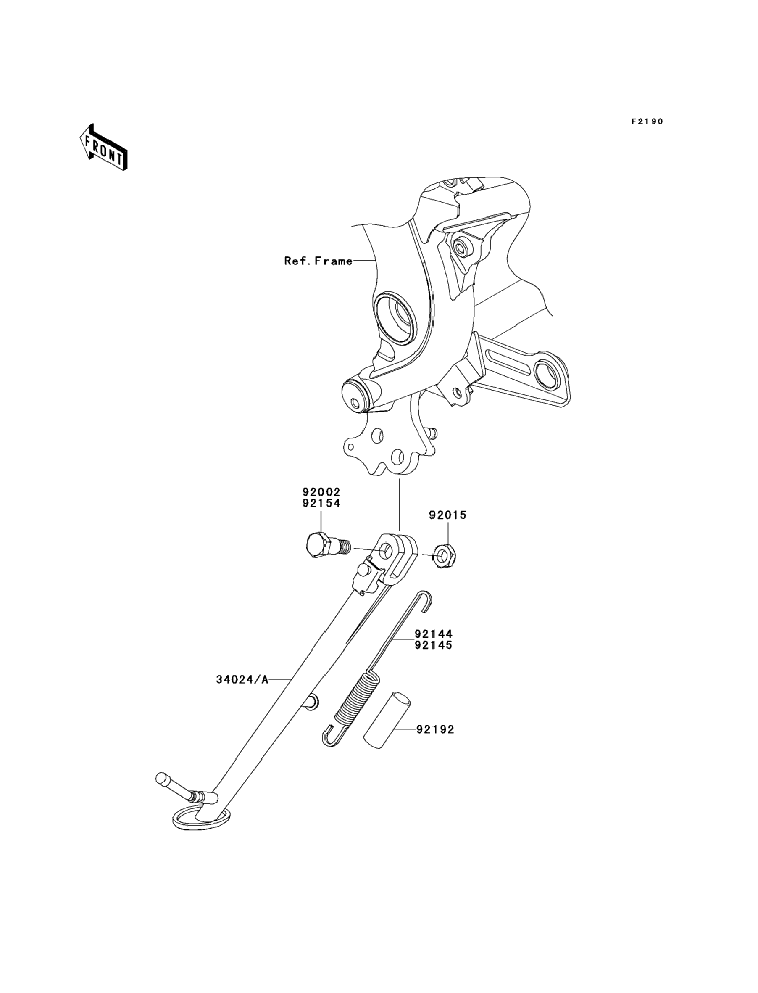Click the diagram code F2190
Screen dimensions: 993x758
[x=647, y=121]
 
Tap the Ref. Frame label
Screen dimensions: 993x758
[x=318, y=261]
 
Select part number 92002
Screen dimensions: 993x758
[x=321, y=492]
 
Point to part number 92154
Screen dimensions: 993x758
[x=321, y=503]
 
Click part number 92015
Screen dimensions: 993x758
[x=447, y=515]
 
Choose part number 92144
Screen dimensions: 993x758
[x=433, y=634]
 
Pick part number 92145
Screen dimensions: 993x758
[x=433, y=645]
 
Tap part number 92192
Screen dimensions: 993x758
[x=435, y=729]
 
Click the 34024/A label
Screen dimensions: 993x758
[x=242, y=692]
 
